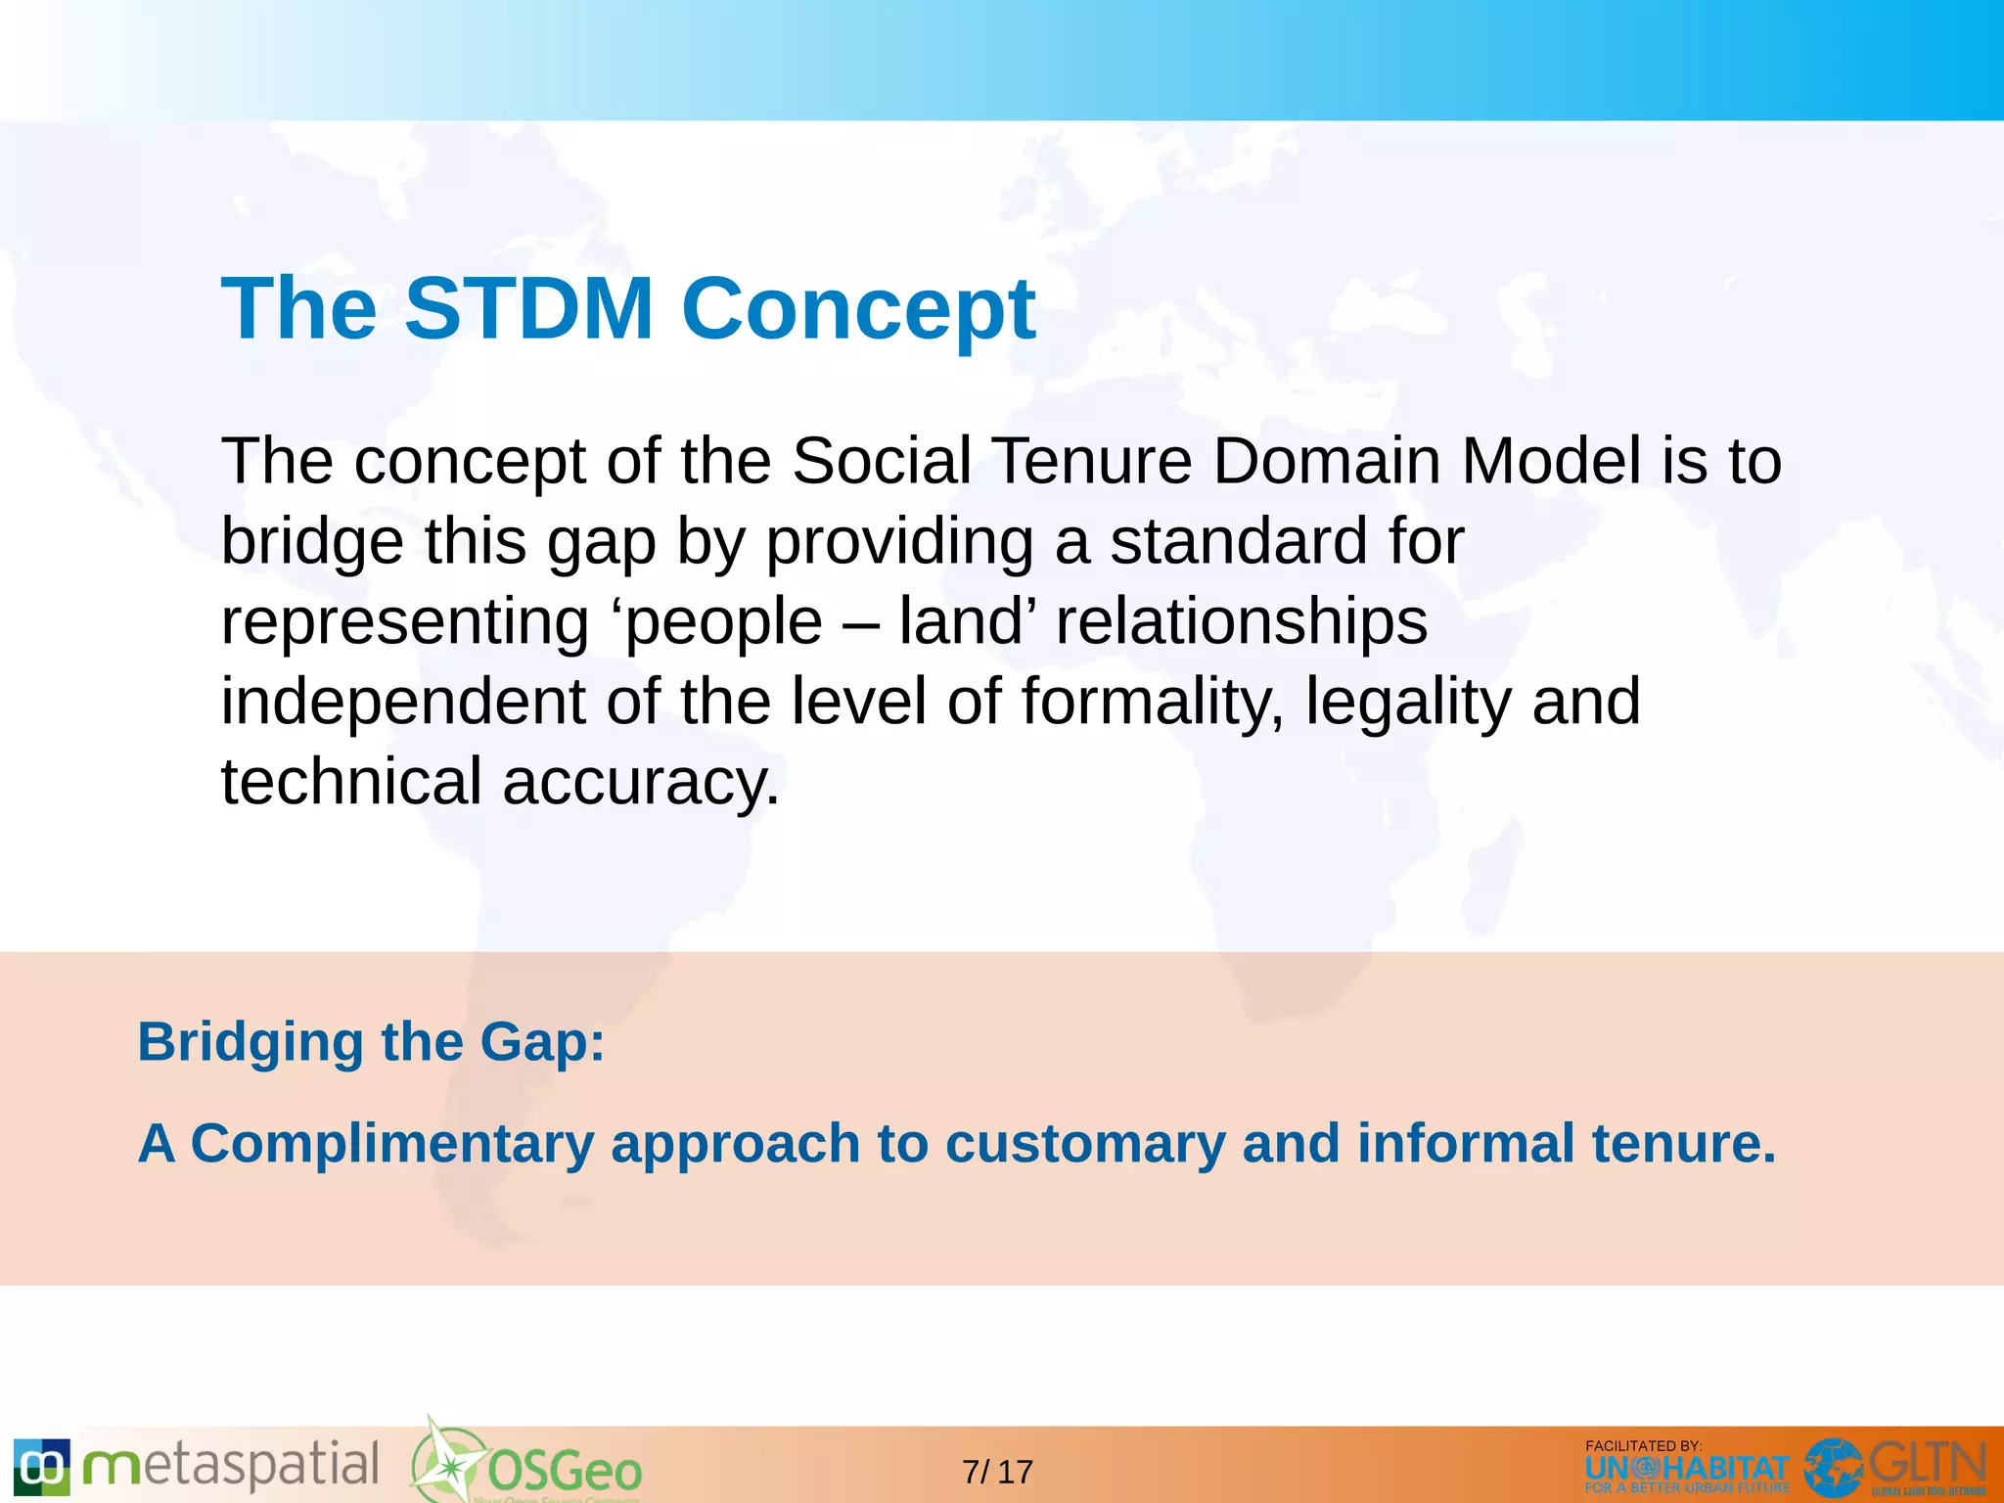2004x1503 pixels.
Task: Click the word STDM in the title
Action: [x=528, y=308]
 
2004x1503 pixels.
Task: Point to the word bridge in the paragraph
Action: [x=312, y=542]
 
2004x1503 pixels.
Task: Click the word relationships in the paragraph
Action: [x=1241, y=623]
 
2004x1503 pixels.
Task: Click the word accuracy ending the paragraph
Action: [x=641, y=784]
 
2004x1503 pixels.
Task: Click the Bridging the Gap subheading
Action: [x=371, y=1042]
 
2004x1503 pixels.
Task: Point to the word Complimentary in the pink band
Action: [x=391, y=1143]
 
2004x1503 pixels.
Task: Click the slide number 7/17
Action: [x=997, y=1472]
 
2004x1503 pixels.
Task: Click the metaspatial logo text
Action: [x=230, y=1467]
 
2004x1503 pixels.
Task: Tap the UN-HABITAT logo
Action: [x=1686, y=1470]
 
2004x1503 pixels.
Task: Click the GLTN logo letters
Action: [x=1927, y=1464]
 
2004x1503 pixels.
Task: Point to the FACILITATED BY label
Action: [x=1643, y=1445]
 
